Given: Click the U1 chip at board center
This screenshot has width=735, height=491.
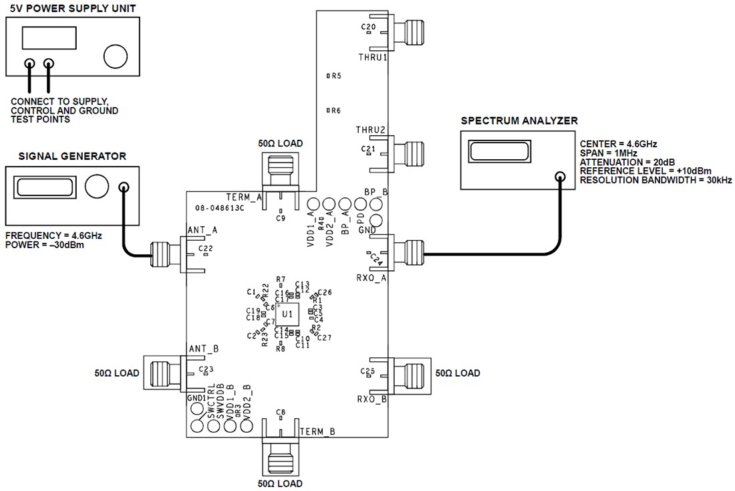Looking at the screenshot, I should (287, 314).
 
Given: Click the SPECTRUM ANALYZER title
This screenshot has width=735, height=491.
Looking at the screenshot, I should (519, 121).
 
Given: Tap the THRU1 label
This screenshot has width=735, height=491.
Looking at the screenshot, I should (372, 58).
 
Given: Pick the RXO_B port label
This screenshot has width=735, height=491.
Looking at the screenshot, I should (371, 400).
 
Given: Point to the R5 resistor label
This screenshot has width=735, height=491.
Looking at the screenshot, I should (336, 76).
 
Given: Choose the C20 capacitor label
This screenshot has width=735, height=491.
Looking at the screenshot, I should (368, 27).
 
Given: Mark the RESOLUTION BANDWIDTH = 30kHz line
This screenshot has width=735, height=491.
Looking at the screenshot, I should (655, 181).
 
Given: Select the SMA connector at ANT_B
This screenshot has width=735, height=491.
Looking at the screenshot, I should (164, 373).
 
